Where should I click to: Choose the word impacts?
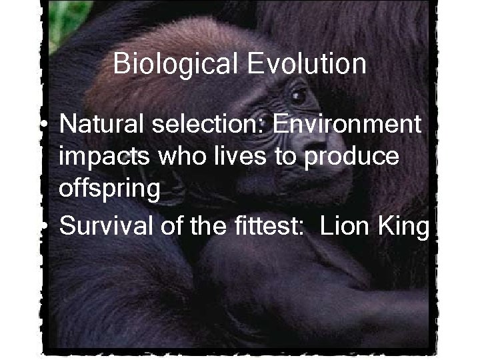tap(102, 157)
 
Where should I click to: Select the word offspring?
tap(110, 191)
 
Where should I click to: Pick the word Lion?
tap(342, 226)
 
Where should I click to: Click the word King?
tap(400, 226)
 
